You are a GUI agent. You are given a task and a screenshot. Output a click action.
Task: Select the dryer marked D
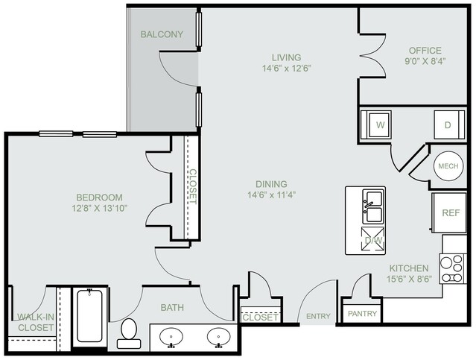449,125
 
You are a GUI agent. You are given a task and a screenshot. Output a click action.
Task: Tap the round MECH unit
448,166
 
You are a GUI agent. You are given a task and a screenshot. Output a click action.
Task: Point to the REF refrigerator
449,212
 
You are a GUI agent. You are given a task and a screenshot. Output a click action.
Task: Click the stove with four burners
453,269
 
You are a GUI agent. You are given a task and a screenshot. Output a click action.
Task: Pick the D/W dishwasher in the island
372,239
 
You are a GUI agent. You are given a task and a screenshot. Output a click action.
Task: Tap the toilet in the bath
129,333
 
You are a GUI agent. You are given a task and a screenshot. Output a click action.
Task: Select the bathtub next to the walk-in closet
89,316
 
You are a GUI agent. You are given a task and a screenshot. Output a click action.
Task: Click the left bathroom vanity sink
171,337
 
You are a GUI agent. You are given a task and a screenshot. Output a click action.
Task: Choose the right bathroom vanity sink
219,337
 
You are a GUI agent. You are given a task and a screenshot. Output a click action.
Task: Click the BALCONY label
162,34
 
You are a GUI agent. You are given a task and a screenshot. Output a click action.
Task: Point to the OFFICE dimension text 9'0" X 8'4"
425,61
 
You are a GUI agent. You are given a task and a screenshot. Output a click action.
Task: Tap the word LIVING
286,57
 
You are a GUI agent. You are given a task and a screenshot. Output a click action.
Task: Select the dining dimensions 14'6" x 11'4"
272,195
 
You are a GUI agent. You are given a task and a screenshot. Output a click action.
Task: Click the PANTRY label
363,313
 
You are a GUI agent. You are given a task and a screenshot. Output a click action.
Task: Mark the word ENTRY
318,316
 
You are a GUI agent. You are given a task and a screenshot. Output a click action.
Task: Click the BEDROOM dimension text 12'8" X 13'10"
99,209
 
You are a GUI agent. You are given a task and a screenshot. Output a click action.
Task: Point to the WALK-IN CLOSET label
36,322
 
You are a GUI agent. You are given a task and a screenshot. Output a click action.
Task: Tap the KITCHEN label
409,268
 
